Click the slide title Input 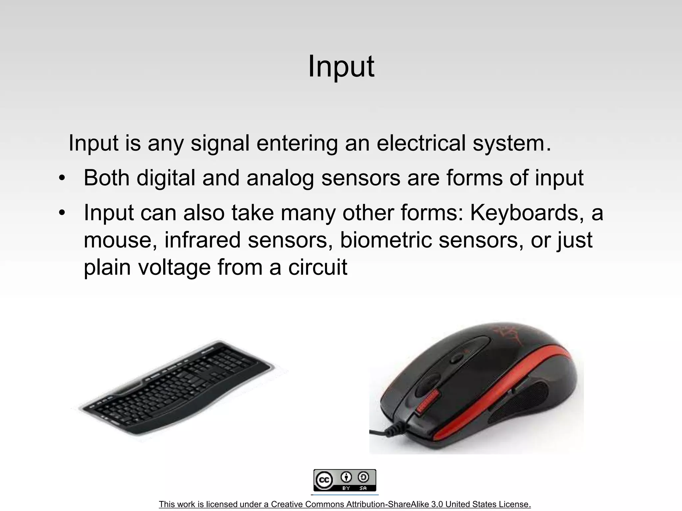tap(341, 67)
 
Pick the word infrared tap(202, 240)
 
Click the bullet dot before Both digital tap(61, 178)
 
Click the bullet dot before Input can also tap(61, 213)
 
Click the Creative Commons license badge tap(345, 480)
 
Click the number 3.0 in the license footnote tap(437, 504)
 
